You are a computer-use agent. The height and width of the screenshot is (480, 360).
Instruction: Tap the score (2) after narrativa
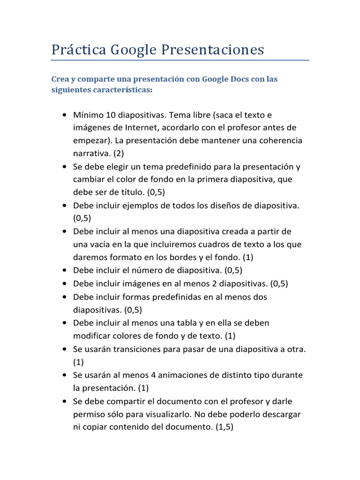pyautogui.click(x=118, y=153)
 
